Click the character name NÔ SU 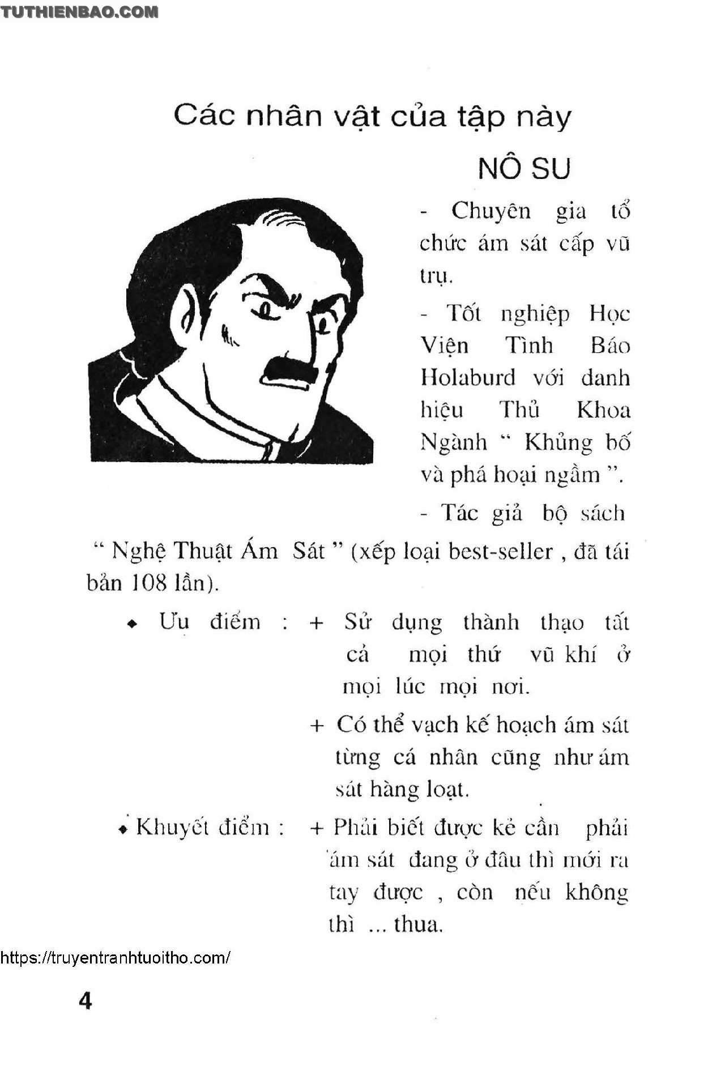pyautogui.click(x=524, y=168)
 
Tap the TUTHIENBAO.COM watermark pyautogui.click(x=79, y=12)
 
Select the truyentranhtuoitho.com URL pyautogui.click(x=115, y=958)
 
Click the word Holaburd pyautogui.click(x=468, y=377)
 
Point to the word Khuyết pyautogui.click(x=172, y=828)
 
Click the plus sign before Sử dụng pyautogui.click(x=317, y=623)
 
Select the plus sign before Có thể pyautogui.click(x=317, y=726)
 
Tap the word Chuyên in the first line pyautogui.click(x=491, y=211)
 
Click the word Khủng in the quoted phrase pyautogui.click(x=558, y=442)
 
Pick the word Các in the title pyautogui.click(x=204, y=116)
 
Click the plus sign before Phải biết pyautogui.click(x=317, y=828)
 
